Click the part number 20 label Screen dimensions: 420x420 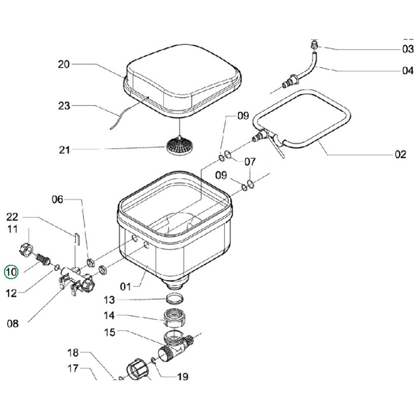[64, 64]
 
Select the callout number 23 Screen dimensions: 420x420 [64, 106]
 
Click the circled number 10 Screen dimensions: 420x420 [12, 272]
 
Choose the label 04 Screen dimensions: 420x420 [407, 70]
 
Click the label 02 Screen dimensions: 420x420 [400, 155]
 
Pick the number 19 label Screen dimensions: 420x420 [183, 377]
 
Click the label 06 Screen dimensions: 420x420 [76, 199]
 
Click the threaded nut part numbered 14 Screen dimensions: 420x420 [175, 319]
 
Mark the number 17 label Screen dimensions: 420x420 [73, 367]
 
